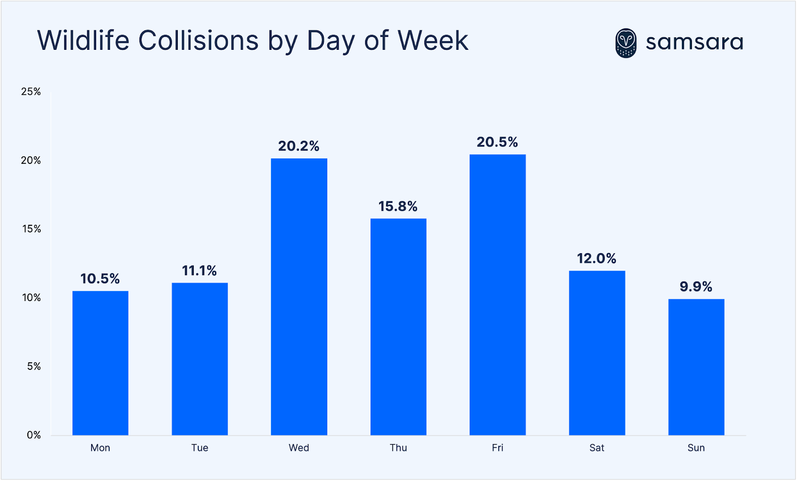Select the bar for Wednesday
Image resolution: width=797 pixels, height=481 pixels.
tap(299, 297)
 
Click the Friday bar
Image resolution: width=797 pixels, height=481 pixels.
tap(497, 295)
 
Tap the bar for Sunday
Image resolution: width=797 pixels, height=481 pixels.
tap(696, 367)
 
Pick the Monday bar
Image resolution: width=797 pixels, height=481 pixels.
tap(100, 363)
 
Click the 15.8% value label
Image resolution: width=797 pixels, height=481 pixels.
tap(398, 206)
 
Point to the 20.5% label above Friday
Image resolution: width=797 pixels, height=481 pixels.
tap(497, 142)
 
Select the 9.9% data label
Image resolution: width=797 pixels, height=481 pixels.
tap(696, 287)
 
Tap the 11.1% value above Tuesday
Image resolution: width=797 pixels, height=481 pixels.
tap(199, 271)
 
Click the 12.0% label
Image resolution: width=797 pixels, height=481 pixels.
tap(596, 258)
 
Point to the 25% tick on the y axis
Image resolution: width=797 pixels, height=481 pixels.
tap(31, 92)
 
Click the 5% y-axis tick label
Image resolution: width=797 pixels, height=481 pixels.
tap(34, 366)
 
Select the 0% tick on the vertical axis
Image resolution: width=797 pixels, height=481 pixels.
tap(34, 435)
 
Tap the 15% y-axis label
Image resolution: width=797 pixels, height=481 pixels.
tap(31, 229)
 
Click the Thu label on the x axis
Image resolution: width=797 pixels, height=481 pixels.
tap(398, 448)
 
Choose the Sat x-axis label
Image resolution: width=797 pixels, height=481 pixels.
tap(596, 448)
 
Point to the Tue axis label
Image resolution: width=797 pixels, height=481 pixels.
tap(199, 448)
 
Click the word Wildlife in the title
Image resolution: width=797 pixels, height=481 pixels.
tap(83, 40)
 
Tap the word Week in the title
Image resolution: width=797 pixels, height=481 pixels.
tap(433, 40)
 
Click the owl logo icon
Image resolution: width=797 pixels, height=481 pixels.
tap(626, 43)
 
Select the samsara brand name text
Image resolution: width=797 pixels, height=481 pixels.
tap(694, 42)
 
